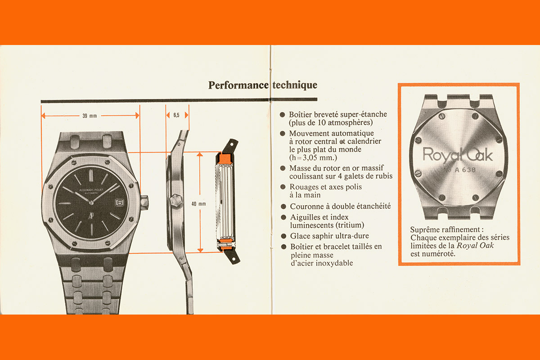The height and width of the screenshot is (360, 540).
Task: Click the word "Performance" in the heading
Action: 238,85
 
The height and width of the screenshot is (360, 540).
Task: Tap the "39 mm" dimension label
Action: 90,116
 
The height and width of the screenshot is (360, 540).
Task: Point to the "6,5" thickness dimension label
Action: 176,115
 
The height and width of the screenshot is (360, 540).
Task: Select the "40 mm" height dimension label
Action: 198,204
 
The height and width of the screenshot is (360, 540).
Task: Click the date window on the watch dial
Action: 119,202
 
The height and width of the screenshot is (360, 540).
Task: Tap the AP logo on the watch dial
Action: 91,215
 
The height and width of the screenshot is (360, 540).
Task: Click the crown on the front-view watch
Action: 144,202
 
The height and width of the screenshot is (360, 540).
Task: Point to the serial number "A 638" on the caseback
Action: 465,170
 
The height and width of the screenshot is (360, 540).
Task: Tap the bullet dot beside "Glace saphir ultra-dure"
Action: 284,236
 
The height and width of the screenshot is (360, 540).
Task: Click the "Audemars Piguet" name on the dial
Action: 91,190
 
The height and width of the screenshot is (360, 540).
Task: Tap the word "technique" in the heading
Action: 295,85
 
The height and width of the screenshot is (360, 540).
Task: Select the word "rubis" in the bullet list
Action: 383,176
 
